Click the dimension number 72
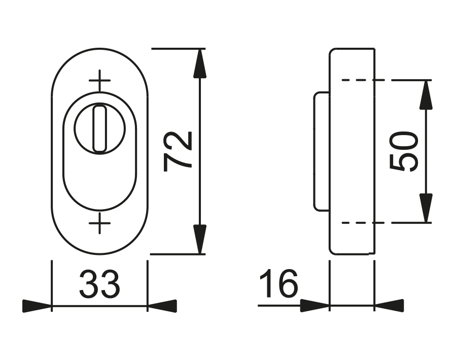179,150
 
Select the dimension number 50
404,151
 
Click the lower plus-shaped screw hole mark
100,223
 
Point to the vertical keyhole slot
99,128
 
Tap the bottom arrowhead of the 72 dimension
201,239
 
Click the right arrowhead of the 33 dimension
162,306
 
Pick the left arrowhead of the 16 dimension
314,306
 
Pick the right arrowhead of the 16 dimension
389,306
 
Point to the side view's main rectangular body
352,151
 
